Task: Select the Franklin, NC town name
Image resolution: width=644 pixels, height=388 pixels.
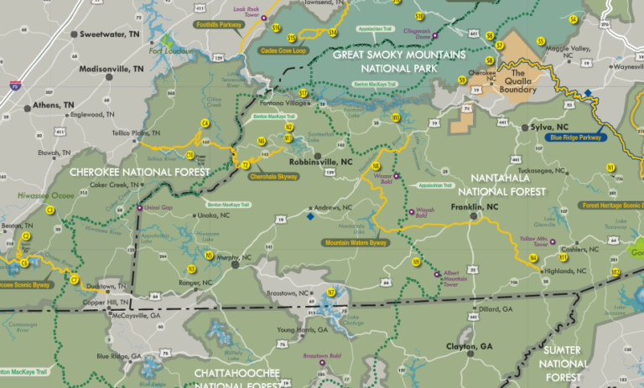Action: point(475,206)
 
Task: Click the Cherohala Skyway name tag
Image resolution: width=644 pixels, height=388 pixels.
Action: point(273,177)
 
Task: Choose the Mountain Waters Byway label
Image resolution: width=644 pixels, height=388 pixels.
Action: point(356,243)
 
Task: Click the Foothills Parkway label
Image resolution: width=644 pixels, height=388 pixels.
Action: point(217,25)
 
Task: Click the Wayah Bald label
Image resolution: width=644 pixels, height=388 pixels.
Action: point(423,214)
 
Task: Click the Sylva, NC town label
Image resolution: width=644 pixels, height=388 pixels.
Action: point(554,127)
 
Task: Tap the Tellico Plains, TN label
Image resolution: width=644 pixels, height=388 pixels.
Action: point(138,133)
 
